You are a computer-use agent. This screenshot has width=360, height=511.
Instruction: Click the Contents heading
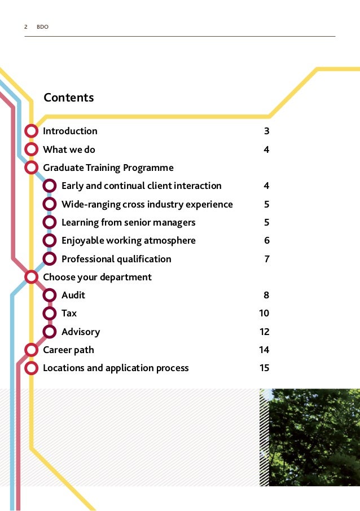69,98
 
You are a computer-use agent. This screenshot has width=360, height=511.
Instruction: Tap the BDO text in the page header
43,27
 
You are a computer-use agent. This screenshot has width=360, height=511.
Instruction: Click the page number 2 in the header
26,27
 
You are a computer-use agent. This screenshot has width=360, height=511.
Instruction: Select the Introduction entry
70,131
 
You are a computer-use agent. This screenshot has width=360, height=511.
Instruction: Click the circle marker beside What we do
32,149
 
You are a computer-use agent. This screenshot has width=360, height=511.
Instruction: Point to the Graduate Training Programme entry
108,168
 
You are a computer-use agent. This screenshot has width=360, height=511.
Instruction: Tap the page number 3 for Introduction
266,131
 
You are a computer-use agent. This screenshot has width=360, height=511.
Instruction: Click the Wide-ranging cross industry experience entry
147,204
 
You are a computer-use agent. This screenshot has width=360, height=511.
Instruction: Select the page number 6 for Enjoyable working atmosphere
266,240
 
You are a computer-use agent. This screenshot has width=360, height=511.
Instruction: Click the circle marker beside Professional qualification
50,259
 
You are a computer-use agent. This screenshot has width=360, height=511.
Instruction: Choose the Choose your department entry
97,277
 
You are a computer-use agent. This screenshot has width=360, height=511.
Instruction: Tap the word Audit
73,295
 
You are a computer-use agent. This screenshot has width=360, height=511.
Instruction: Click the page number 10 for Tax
264,313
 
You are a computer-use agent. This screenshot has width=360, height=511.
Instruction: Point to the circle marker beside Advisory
50,332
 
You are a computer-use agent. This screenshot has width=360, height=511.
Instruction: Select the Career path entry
68,350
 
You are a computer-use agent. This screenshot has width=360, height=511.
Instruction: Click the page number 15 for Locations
264,368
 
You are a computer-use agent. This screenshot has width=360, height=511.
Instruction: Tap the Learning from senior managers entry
128,222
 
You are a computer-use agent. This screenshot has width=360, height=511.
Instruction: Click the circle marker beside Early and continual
50,186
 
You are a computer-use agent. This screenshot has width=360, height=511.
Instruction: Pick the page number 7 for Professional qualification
266,259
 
